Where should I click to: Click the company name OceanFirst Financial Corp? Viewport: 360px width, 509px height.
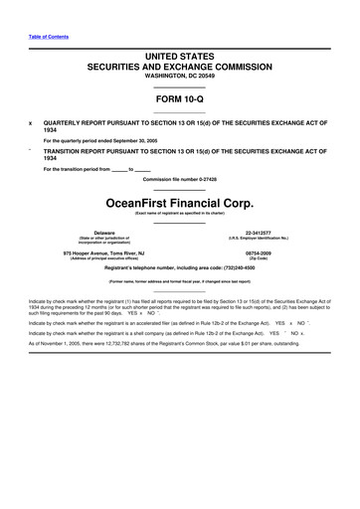pos(180,199)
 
